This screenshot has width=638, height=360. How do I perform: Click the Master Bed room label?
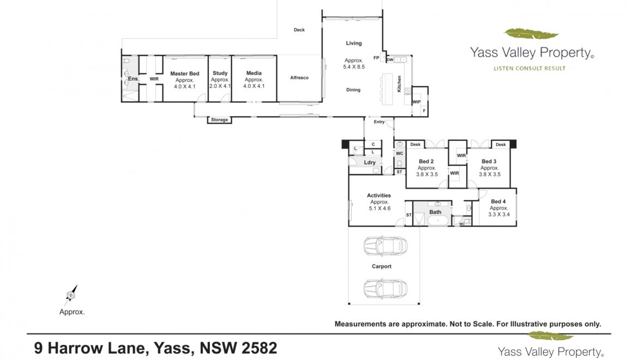click(185, 74)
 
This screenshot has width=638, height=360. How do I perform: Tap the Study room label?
click(220, 73)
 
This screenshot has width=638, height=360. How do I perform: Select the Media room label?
click(254, 73)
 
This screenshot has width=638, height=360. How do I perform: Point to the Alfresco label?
click(299, 77)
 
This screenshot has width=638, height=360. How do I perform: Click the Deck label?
click(299, 29)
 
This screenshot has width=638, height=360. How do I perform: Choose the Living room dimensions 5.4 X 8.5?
click(353, 67)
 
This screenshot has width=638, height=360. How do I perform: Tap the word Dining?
click(353, 90)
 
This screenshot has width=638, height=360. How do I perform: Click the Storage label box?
click(219, 119)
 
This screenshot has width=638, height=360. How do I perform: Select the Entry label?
click(379, 122)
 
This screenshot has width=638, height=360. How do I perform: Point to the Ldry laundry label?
click(370, 163)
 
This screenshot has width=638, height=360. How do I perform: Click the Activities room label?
click(379, 196)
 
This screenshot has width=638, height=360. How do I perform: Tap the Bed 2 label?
click(426, 161)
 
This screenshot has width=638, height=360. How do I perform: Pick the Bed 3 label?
click(489, 161)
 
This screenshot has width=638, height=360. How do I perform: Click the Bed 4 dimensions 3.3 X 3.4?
click(499, 214)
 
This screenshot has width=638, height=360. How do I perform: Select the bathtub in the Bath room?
click(438, 220)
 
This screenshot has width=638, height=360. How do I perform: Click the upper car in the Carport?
click(386, 245)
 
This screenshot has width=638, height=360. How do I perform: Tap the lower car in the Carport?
click(386, 289)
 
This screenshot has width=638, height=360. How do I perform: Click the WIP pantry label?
click(416, 102)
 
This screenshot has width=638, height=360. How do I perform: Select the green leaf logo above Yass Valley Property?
click(531, 34)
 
